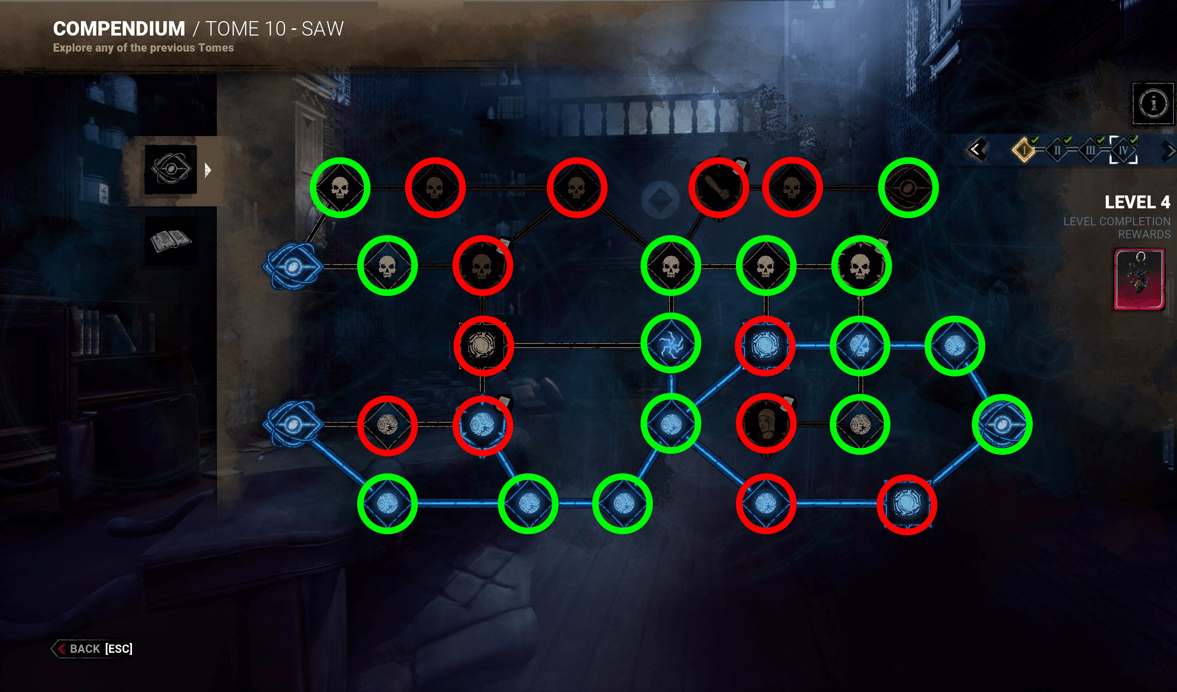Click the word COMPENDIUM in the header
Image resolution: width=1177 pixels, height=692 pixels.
[119, 29]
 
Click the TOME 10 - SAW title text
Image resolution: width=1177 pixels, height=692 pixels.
[274, 29]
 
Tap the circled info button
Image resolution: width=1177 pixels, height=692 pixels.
[1153, 103]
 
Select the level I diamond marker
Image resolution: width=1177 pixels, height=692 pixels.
[1024, 151]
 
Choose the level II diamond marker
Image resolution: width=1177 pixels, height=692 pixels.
[1057, 151]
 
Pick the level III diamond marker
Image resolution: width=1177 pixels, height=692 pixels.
[1090, 151]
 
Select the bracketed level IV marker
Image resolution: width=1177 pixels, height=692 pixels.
[1123, 151]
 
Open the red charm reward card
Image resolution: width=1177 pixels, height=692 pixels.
[1139, 279]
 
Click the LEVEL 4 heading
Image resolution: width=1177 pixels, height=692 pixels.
[1137, 202]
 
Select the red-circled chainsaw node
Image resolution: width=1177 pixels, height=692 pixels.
[718, 188]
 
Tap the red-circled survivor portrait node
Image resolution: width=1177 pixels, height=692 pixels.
[766, 424]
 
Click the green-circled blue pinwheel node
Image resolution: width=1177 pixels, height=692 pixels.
[671, 344]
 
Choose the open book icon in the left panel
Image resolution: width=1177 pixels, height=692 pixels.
[170, 240]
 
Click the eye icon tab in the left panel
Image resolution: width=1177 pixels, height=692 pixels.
[171, 169]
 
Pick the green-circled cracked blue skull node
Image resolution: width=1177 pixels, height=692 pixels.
[860, 345]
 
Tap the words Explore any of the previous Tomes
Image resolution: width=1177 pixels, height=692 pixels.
[143, 48]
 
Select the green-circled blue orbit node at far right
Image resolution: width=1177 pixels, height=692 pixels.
[1002, 424]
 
